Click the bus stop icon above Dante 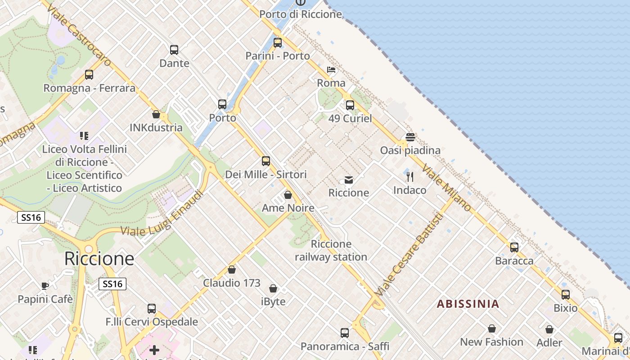tap(174, 50)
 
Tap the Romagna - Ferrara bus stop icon tap(89, 75)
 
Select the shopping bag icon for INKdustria tap(156, 114)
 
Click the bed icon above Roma tap(331, 70)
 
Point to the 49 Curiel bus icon tap(350, 105)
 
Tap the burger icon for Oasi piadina tap(410, 137)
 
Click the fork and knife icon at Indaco tap(409, 176)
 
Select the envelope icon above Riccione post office tap(349, 180)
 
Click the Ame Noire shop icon tap(288, 195)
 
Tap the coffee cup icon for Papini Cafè tap(45, 286)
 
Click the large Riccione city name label tap(99, 259)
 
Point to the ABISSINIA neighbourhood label tap(468, 304)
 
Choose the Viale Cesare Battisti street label tap(409, 254)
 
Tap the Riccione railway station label tap(331, 251)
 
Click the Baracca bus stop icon tap(514, 247)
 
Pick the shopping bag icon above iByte tap(273, 288)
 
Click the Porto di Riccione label tap(301, 14)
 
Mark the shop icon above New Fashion tap(492, 328)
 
